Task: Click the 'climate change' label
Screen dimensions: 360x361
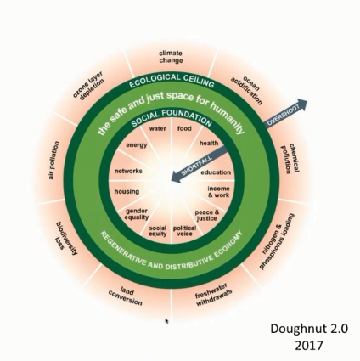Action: pyautogui.click(x=171, y=57)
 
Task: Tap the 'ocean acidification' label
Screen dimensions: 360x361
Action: pyautogui.click(x=247, y=90)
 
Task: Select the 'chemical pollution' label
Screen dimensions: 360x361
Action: pyautogui.click(x=290, y=159)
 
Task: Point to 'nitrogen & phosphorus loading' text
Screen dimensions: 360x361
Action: pyautogui.click(x=276, y=241)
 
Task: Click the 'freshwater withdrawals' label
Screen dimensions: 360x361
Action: pyautogui.click(x=213, y=296)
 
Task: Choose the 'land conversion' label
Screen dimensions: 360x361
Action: pyautogui.click(x=126, y=296)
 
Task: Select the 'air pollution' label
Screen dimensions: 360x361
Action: pyautogui.click(x=53, y=160)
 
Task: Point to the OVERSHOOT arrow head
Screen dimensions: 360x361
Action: pyautogui.click(x=302, y=104)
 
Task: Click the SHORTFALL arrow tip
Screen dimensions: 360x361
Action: pyautogui.click(x=172, y=180)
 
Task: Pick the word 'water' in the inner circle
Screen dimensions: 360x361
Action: pyautogui.click(x=158, y=128)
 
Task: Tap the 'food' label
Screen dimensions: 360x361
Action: pyautogui.click(x=184, y=128)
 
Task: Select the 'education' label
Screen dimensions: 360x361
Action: pyautogui.click(x=216, y=172)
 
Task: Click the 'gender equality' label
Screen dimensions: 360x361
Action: pyautogui.click(x=137, y=214)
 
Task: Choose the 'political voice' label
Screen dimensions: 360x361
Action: pyautogui.click(x=184, y=231)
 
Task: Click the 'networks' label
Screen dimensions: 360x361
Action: pyautogui.click(x=128, y=171)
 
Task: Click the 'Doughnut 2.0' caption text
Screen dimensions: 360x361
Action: pyautogui.click(x=309, y=329)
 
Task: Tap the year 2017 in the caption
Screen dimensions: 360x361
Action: pyautogui.click(x=309, y=346)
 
